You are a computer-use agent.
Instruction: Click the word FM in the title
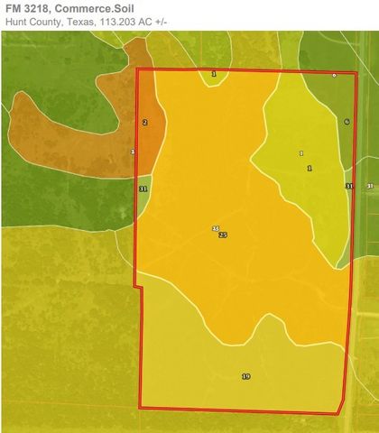[x=13, y=8]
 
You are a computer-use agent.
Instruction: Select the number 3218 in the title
[x=39, y=8]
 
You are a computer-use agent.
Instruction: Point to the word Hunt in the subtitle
[x=15, y=22]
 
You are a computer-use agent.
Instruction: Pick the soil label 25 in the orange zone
[x=223, y=235]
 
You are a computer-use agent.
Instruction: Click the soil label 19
[x=245, y=375]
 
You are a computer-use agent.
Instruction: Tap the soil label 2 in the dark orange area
[x=144, y=122]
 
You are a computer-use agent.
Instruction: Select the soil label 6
[x=347, y=121]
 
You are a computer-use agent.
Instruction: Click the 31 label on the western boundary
[x=143, y=189]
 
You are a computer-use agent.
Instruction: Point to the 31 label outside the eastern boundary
[x=369, y=186]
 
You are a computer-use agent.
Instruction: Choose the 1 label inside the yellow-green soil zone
[x=309, y=169]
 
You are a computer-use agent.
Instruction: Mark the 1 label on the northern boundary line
[x=214, y=73]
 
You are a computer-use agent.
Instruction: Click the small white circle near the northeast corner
[x=334, y=76]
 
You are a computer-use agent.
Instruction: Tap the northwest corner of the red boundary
[x=136, y=69]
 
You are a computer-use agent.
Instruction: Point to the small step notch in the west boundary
[x=138, y=288]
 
